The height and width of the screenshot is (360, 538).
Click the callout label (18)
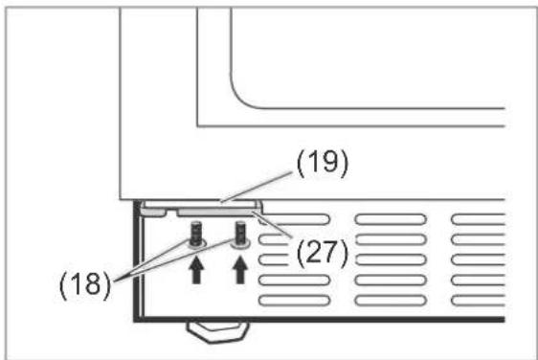pos(85,284)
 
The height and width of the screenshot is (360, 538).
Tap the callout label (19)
pos(323,163)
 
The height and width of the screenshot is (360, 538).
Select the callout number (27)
pos(323,253)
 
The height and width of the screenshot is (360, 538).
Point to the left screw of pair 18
pos(196,235)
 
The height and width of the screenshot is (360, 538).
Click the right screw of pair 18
pos(240,235)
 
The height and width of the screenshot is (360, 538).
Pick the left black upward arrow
pos(196,270)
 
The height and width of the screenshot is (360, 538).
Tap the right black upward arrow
pos(240,270)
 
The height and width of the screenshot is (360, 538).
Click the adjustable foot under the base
pos(217,331)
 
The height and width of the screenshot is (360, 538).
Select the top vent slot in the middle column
pos(391,219)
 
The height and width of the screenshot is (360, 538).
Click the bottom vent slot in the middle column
pos(391,301)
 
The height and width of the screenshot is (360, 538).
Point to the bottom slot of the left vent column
pos(294,301)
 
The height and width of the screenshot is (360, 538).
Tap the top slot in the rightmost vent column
pos(479,219)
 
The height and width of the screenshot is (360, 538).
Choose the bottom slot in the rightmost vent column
pos(479,301)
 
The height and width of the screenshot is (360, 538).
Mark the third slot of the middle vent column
pos(391,259)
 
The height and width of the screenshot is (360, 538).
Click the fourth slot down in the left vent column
pos(294,281)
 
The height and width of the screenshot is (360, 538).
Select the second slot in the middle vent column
pos(391,239)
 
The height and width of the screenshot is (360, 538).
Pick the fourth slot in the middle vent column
pos(391,281)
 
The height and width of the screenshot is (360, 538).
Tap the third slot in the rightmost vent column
pos(479,259)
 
